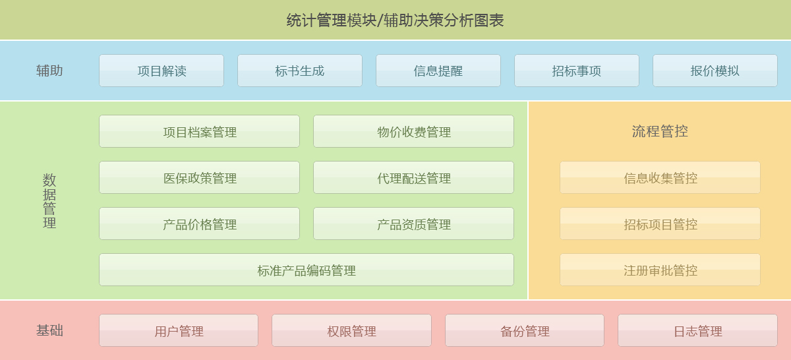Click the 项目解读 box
tap(161, 71)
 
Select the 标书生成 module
tap(300, 71)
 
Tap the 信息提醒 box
tap(438, 71)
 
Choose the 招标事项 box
tap(577, 71)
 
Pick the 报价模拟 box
tap(715, 71)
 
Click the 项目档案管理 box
tap(200, 131)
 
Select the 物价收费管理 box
tap(413, 131)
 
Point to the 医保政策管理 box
tap(200, 177)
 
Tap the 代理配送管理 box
tap(413, 177)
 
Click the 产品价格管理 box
tap(200, 224)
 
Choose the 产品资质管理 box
tap(413, 224)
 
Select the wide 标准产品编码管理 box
tap(307, 270)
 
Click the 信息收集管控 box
tap(660, 177)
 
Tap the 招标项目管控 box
tap(660, 224)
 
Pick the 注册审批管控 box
tap(660, 270)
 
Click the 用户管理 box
tap(179, 331)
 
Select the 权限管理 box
tap(352, 331)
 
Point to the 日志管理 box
tap(698, 331)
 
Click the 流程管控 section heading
tap(660, 131)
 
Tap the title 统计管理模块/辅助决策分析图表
tap(395, 20)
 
